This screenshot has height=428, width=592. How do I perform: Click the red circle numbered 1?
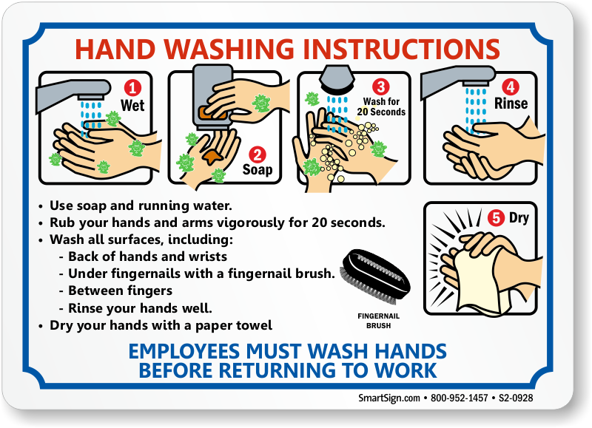click(132, 88)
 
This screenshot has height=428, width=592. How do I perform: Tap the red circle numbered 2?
click(258, 154)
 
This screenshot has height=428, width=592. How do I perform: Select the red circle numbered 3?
click(381, 86)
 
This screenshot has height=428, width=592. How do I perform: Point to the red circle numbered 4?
click(511, 87)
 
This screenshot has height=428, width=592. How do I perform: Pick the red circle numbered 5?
click(496, 218)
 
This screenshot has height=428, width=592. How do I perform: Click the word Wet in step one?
click(132, 105)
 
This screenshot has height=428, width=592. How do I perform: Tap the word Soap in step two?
click(258, 170)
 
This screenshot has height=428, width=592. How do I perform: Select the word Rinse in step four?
click(511, 103)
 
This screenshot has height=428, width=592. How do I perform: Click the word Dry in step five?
click(519, 218)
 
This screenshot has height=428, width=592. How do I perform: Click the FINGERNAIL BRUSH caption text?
click(378, 321)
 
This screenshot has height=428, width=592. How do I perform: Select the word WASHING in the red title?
click(229, 49)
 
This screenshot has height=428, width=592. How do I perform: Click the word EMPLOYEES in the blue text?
click(184, 351)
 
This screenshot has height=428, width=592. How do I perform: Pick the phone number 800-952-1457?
click(459, 398)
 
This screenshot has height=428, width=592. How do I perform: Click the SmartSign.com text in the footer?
click(389, 398)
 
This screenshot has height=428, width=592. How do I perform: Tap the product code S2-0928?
click(516, 398)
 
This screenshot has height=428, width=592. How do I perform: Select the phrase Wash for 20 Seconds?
click(381, 106)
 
